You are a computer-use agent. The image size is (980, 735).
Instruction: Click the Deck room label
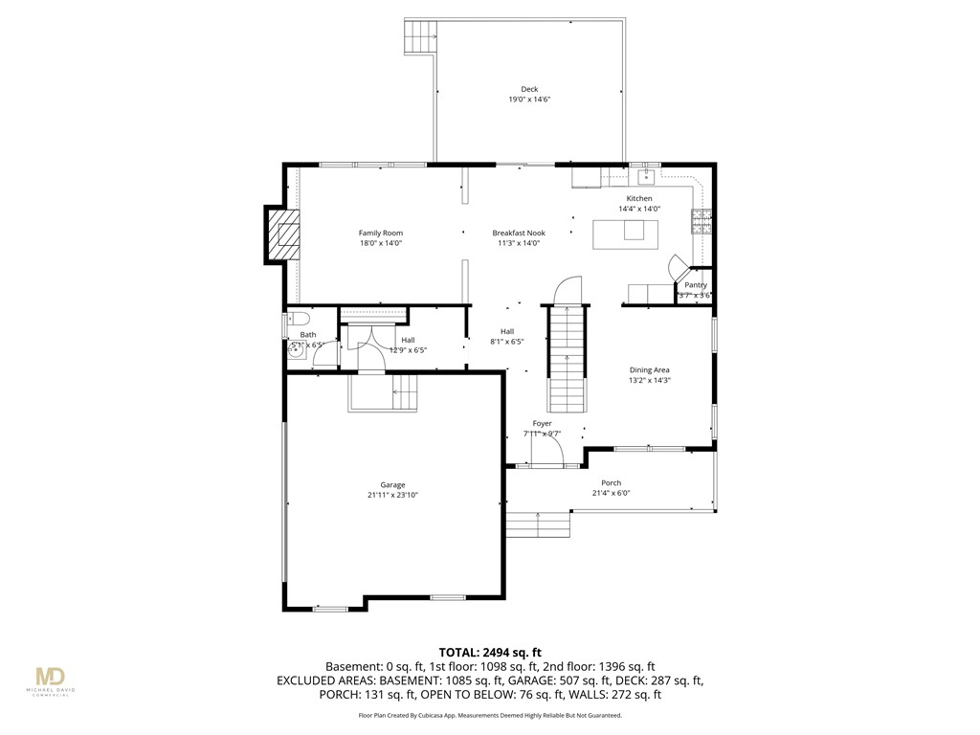click(x=529, y=89)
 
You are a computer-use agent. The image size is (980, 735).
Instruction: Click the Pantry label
click(x=696, y=285)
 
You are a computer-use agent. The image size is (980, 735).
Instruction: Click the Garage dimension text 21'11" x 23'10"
click(x=392, y=495)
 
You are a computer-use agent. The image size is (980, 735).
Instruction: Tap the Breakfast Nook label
click(x=519, y=233)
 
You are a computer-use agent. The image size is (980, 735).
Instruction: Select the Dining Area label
click(x=649, y=369)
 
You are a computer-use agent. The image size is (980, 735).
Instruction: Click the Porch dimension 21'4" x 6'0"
click(x=611, y=493)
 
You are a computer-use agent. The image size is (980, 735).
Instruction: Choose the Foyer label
click(x=542, y=423)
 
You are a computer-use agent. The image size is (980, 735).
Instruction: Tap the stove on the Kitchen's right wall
click(x=702, y=222)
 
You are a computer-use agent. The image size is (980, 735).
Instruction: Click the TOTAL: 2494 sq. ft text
click(x=489, y=651)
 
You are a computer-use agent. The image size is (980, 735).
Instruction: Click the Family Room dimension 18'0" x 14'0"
click(x=380, y=243)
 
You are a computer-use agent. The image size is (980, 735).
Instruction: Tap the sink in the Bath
click(x=298, y=349)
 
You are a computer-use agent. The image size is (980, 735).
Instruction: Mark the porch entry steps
click(x=539, y=525)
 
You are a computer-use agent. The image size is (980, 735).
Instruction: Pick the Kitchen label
click(x=639, y=198)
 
